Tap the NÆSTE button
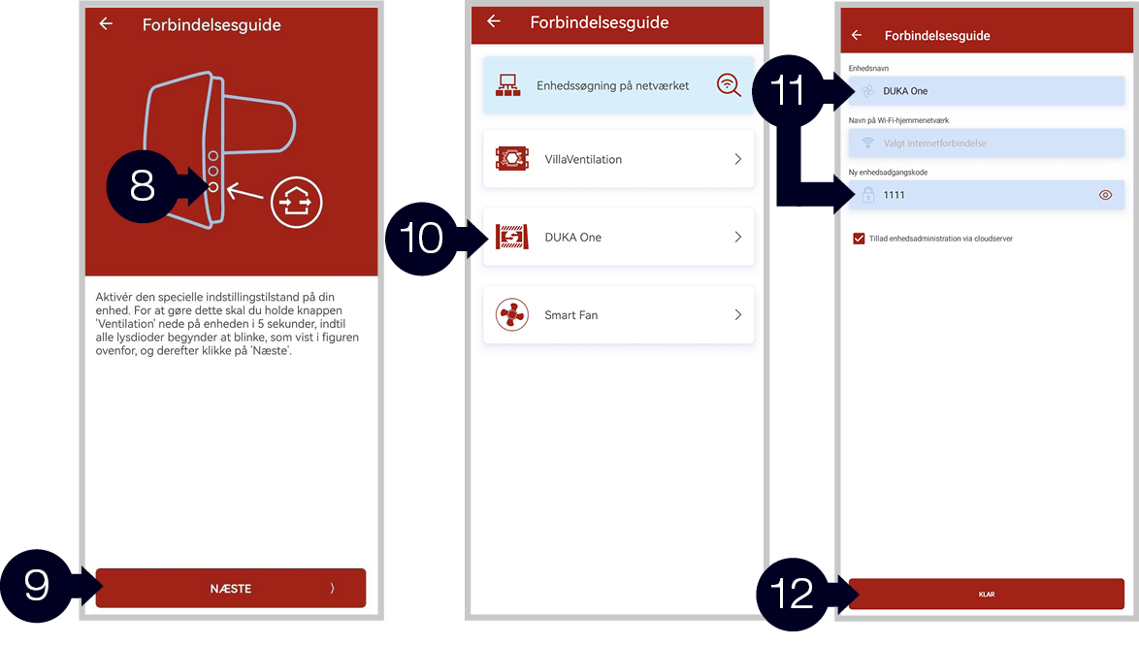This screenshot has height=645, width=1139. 230,588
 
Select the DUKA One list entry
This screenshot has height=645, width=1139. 618,237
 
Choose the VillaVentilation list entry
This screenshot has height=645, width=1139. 618,159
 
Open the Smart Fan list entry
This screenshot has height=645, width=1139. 618,314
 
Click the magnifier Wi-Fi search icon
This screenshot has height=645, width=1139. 729,85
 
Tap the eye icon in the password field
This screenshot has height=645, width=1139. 1105,195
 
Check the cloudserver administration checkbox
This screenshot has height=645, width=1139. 859,239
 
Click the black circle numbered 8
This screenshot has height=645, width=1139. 143,186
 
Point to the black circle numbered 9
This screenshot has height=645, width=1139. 36,586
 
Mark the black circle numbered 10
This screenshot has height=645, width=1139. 421,239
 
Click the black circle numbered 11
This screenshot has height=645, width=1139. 788,91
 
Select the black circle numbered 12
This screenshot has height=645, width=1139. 792,595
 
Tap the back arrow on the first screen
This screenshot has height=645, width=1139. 106,24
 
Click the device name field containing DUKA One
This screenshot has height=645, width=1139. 987,91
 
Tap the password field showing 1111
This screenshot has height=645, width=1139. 987,195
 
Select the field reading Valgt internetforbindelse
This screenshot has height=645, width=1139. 987,144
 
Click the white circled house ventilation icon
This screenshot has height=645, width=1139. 296,202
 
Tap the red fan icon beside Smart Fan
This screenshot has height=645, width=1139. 512,314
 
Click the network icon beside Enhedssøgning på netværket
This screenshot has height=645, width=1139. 507,85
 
